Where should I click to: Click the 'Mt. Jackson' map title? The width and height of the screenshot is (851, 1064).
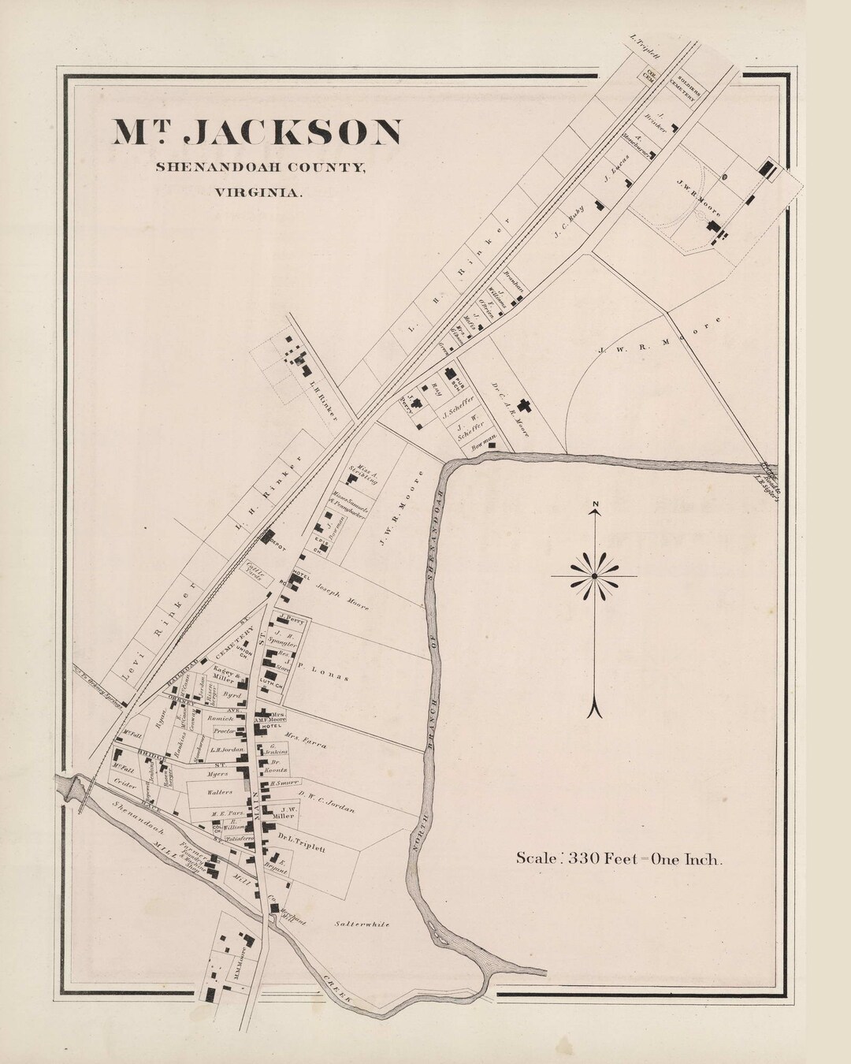(x=257, y=132)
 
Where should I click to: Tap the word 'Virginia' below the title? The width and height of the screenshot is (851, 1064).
(x=257, y=191)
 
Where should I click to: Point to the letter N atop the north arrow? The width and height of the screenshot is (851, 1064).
(x=596, y=505)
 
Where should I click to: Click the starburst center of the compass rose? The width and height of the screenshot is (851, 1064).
(x=594, y=578)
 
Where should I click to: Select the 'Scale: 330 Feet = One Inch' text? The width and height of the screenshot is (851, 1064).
(x=619, y=859)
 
